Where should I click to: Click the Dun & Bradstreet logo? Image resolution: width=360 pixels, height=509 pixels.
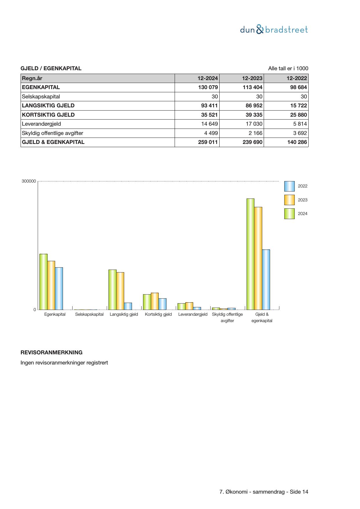point(274,30)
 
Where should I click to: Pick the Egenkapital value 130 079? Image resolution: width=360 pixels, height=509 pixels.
point(208,87)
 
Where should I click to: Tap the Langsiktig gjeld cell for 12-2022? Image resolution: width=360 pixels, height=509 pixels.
point(298,106)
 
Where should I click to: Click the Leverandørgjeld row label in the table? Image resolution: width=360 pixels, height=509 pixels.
point(41,124)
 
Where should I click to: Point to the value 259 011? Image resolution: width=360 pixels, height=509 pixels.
point(208,142)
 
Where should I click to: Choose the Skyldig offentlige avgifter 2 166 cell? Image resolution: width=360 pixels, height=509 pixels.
point(255,133)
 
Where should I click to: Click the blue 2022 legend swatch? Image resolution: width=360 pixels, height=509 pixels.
point(289,186)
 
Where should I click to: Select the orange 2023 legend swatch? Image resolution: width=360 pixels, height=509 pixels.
point(289,200)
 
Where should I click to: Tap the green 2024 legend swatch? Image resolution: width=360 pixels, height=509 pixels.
point(289,214)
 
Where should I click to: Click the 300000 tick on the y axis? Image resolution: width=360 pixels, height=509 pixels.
point(29,181)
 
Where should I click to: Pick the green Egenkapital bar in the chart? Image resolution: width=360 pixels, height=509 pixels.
point(44,282)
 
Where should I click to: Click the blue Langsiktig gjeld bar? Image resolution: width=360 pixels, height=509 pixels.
point(128,306)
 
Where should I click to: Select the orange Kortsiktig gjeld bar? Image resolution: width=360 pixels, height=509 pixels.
point(155,301)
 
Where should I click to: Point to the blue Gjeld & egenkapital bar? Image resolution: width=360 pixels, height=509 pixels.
point(266,279)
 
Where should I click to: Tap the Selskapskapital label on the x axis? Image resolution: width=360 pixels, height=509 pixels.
point(89,314)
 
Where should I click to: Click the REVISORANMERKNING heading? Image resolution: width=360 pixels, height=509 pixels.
point(51,353)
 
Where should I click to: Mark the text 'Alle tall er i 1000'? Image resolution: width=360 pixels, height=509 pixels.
point(288,68)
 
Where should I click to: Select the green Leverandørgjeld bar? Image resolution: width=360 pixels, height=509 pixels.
point(181,306)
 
